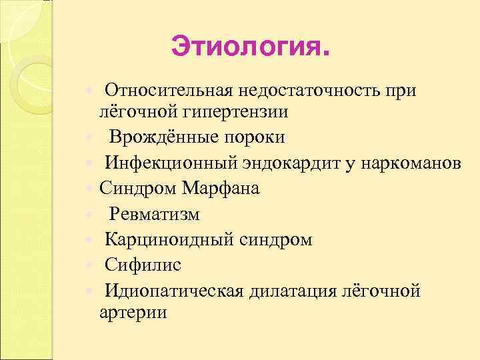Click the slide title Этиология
tap(250, 47)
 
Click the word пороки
tap(257, 137)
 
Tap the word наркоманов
tap(410, 163)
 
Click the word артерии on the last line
tap(133, 313)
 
